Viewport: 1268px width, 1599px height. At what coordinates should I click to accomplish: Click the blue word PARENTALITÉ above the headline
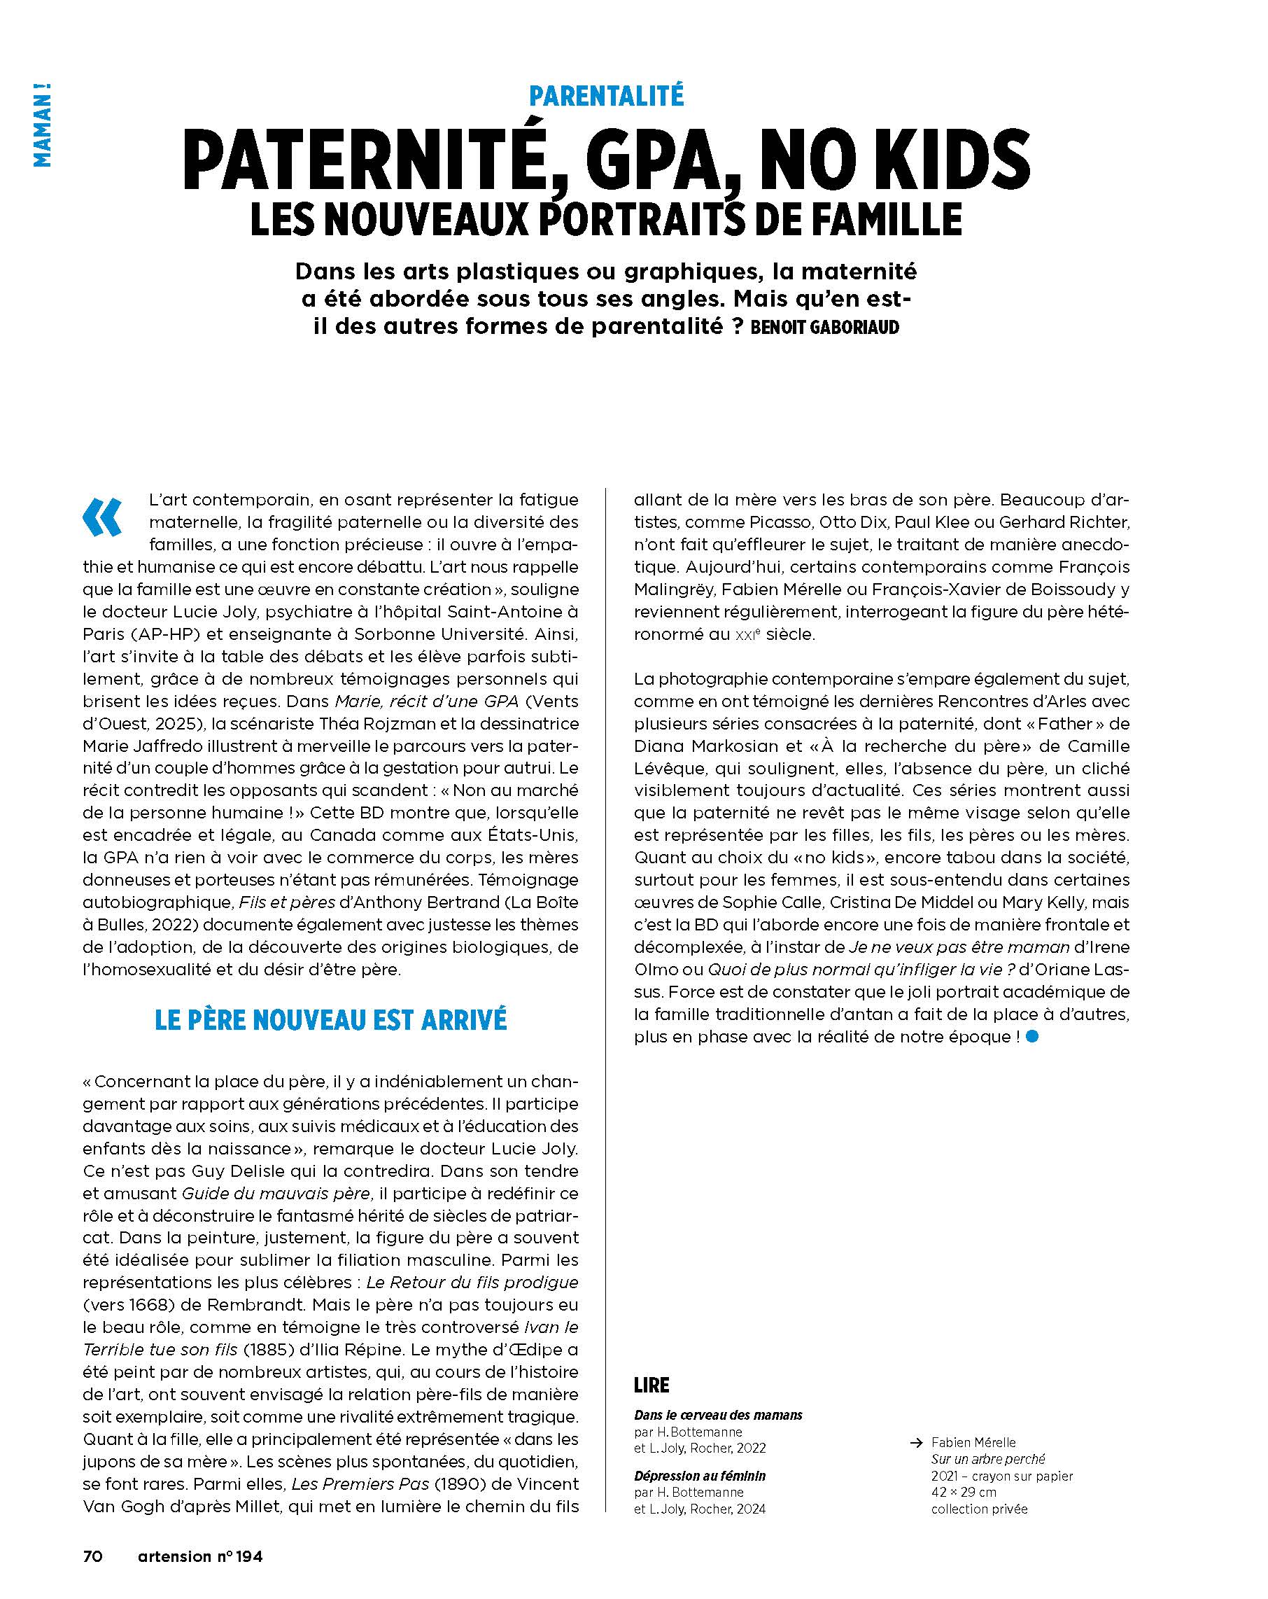pyautogui.click(x=606, y=96)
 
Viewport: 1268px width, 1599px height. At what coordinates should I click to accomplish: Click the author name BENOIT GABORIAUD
pyautogui.click(x=824, y=327)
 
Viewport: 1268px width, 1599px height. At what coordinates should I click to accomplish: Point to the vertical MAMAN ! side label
pyautogui.click(x=43, y=125)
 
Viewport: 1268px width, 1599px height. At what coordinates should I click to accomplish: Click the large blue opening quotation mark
pyautogui.click(x=102, y=516)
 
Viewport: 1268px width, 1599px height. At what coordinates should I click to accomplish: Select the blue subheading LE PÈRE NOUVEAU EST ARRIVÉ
pyautogui.click(x=331, y=1020)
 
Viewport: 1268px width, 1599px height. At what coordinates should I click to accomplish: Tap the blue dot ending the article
pyautogui.click(x=1033, y=1037)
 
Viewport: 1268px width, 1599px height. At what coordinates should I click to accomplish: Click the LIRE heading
pyautogui.click(x=651, y=1385)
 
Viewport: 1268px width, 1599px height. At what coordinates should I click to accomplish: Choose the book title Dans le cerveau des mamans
pyautogui.click(x=718, y=1415)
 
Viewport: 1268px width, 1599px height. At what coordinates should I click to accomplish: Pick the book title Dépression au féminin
pyautogui.click(x=699, y=1476)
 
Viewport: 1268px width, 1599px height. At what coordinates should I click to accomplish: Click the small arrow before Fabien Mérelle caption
pyautogui.click(x=917, y=1442)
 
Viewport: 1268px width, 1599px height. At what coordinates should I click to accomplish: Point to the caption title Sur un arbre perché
pyautogui.click(x=987, y=1459)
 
